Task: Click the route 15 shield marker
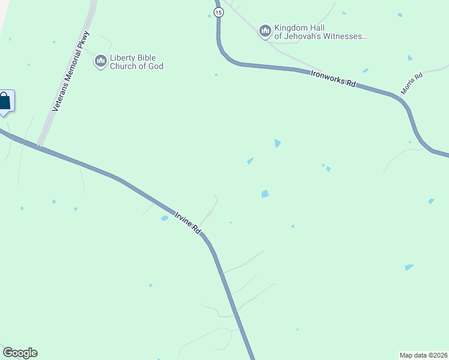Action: [x=218, y=13]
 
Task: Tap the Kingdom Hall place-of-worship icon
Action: [x=265, y=31]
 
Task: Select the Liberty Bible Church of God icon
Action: [x=101, y=61]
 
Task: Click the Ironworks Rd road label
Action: [x=333, y=78]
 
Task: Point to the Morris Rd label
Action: [x=412, y=84]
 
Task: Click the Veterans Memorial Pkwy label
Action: [x=71, y=71]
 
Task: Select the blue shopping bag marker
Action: [x=5, y=101]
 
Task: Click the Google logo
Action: [x=20, y=353]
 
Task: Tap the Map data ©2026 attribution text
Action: [x=423, y=355]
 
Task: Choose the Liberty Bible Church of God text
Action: [x=136, y=62]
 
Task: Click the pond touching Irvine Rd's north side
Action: [x=164, y=218]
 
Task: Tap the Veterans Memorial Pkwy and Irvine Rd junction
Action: [x=40, y=146]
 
